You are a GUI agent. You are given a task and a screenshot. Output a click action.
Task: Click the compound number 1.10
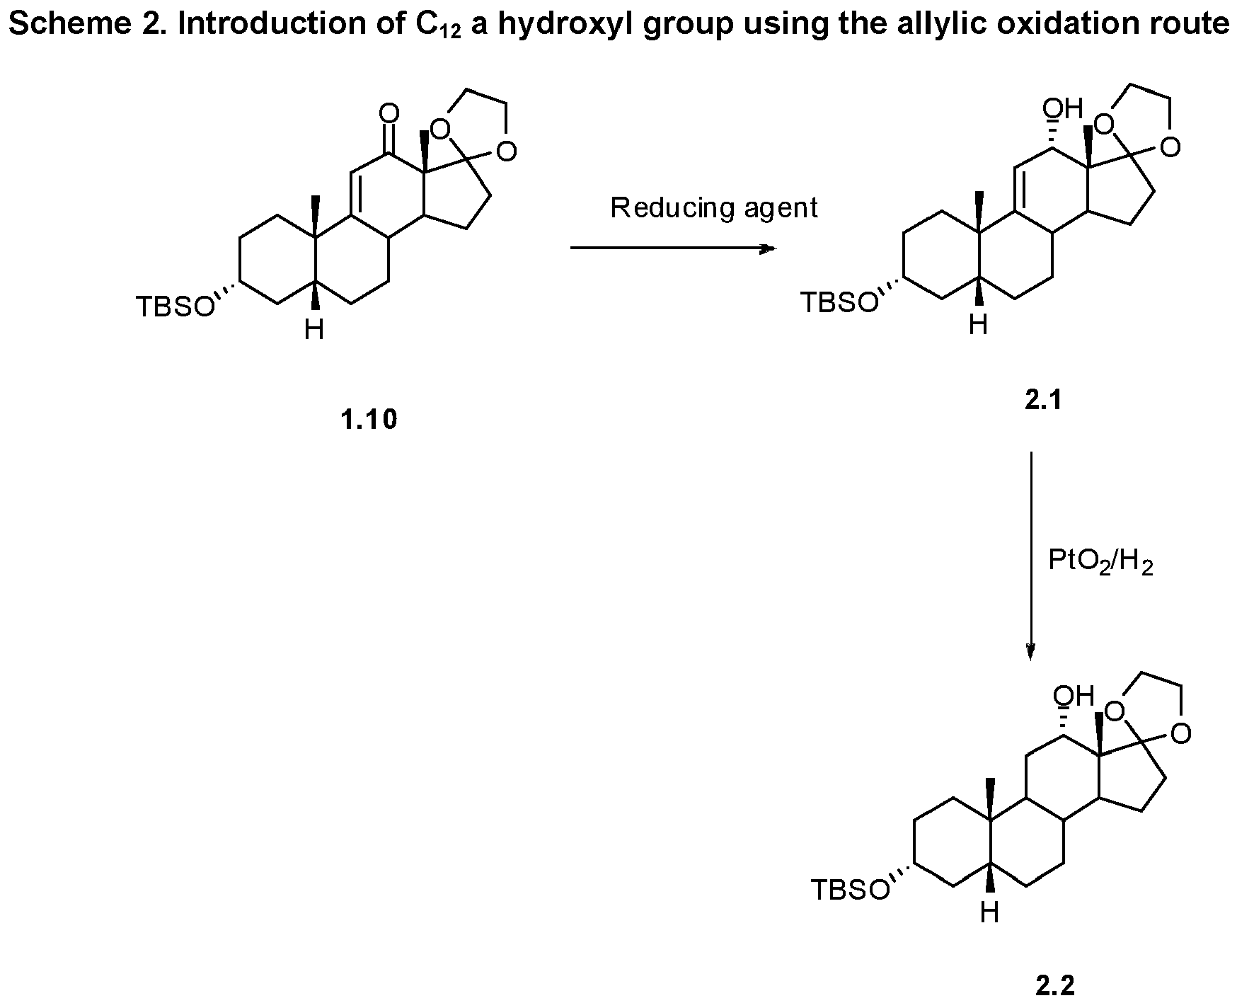[x=369, y=420]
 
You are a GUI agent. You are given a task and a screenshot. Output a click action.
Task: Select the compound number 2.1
[x=1043, y=401]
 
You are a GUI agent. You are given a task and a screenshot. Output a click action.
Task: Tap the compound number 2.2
[x=1054, y=986]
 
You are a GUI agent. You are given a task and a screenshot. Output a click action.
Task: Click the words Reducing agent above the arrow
[x=713, y=208]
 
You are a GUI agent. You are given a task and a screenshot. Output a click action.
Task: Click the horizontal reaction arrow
[x=672, y=248]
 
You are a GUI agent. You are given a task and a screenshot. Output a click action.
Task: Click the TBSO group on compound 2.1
[x=839, y=303]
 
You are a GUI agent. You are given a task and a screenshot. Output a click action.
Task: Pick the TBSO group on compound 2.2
[x=849, y=890]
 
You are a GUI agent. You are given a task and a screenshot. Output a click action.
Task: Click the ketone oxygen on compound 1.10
[x=389, y=113]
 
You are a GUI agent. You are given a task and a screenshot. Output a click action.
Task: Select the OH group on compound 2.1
[x=1063, y=109]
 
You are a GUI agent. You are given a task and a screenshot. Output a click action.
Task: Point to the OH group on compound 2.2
[x=1074, y=696]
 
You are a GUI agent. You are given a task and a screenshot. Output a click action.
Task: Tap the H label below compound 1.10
[x=314, y=330]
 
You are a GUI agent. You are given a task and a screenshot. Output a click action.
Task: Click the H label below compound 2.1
[x=978, y=326]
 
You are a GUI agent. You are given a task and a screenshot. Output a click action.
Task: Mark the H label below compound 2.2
[x=989, y=913]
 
